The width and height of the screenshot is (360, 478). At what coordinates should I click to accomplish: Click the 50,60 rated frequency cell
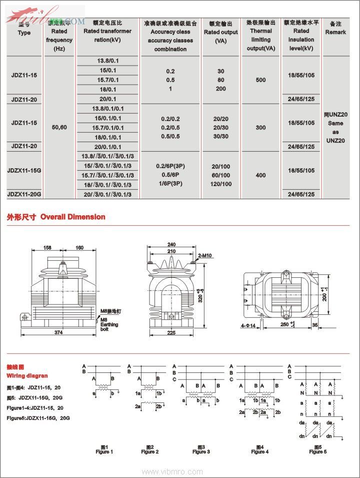click(59, 127)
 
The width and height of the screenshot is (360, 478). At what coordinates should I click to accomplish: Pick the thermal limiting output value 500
click(260, 80)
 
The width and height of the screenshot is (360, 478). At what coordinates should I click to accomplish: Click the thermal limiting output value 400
click(260, 176)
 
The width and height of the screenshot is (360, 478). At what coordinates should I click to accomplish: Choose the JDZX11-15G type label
click(24, 171)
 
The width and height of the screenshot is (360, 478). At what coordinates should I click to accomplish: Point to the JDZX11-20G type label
click(24, 194)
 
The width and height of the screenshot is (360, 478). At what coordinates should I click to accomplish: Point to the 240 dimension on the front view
click(171, 245)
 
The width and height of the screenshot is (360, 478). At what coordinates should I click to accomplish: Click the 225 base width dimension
click(172, 332)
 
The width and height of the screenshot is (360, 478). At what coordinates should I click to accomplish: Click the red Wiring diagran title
click(27, 375)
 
